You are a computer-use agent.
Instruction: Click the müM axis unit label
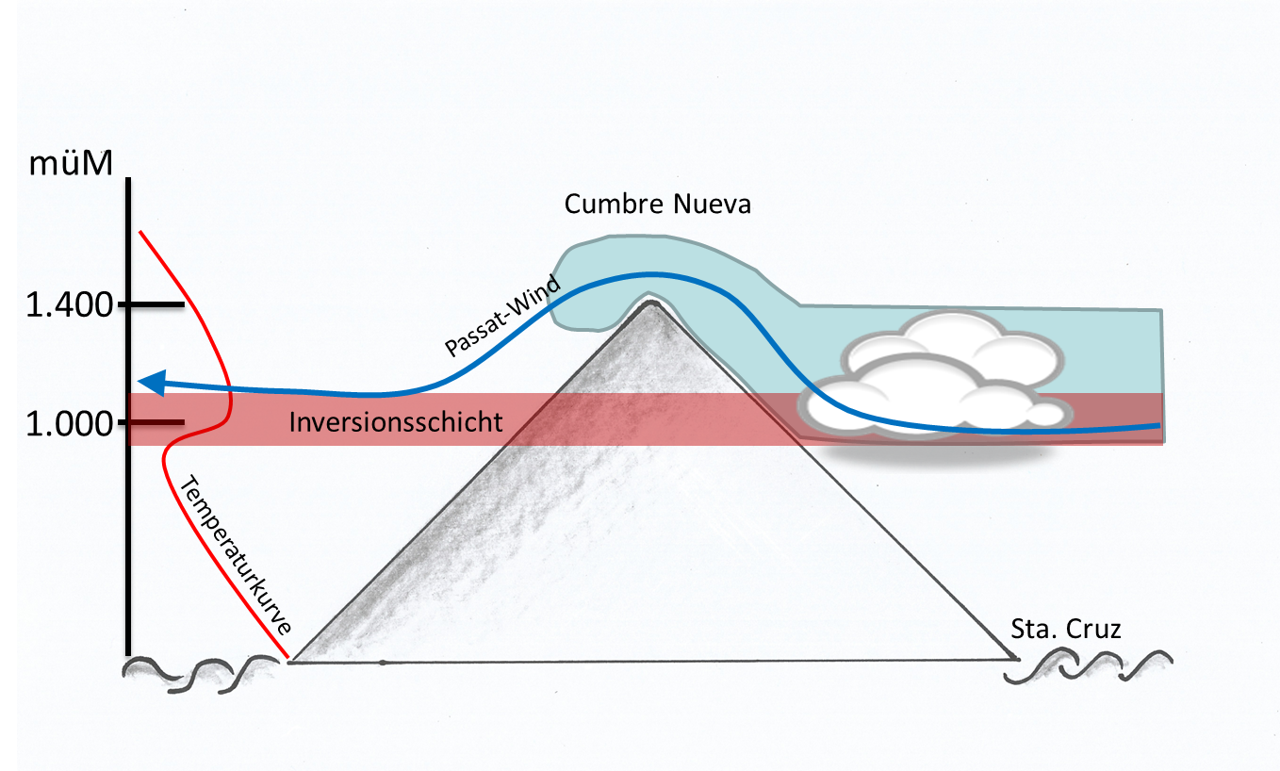coord(71,163)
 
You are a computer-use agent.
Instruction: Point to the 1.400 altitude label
coord(70,304)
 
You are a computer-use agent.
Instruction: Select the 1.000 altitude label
coord(70,423)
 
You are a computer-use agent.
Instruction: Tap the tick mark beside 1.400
coord(152,304)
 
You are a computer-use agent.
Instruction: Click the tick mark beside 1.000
coord(152,422)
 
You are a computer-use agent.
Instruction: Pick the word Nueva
coord(712,204)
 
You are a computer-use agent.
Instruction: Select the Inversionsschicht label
coord(396,422)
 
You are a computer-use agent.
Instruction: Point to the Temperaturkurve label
coord(236,554)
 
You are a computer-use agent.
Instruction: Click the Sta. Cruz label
coord(1066,629)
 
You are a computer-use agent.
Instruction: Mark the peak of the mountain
coord(651,302)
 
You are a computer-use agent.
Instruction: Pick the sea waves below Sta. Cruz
coord(1089,665)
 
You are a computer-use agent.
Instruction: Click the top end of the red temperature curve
coord(140,232)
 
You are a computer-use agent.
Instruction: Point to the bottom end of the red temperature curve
coord(287,657)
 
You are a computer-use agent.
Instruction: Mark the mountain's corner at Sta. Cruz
coord(1015,659)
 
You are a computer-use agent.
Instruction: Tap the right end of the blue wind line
coord(1160,425)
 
